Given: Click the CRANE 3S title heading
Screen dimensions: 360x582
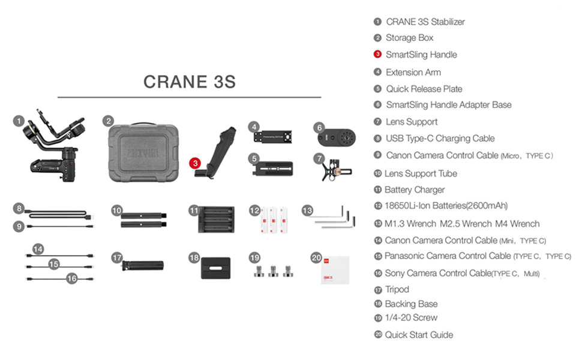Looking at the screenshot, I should (x=190, y=82).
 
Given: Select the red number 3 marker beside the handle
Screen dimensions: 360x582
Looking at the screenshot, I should (x=194, y=163).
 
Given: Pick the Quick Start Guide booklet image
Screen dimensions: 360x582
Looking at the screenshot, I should (x=335, y=268).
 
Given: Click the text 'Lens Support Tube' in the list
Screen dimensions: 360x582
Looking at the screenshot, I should (x=421, y=173).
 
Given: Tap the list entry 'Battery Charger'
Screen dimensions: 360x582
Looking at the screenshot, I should (x=415, y=190).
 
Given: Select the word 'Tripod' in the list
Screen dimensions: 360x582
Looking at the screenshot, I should (x=397, y=289).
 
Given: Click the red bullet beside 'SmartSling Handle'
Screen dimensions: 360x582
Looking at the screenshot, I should (x=377, y=55).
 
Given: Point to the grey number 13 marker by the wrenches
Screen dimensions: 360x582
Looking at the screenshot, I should (x=308, y=211).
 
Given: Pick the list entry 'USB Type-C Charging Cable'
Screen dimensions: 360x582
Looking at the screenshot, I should (x=440, y=139).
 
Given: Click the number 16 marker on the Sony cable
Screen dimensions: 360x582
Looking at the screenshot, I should (x=72, y=278).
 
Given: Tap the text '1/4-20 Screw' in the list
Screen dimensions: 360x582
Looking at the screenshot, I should (x=411, y=318).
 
